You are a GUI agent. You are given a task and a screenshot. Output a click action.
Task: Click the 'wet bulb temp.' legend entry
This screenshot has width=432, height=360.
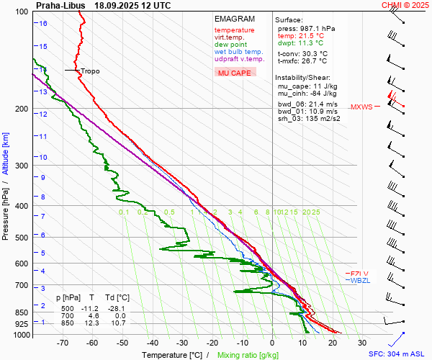coord(238,52)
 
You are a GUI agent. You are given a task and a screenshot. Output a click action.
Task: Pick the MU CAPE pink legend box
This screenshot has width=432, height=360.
coord(233,73)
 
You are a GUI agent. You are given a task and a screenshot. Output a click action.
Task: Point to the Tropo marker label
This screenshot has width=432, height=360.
coord(90,71)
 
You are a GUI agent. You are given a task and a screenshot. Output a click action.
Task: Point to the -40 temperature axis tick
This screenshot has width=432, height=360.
coord(152,343)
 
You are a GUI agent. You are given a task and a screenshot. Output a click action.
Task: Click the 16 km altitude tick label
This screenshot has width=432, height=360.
coord(44,23)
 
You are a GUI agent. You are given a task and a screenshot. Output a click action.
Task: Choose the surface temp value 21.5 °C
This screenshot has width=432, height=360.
coord(311,35)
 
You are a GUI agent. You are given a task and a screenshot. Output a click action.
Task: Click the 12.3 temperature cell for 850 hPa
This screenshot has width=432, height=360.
coord(93,323)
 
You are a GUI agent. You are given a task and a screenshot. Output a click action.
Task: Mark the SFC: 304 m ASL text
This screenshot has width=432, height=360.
coord(399,354)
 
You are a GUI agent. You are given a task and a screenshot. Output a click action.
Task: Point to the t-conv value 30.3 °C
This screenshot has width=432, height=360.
coord(312,53)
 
